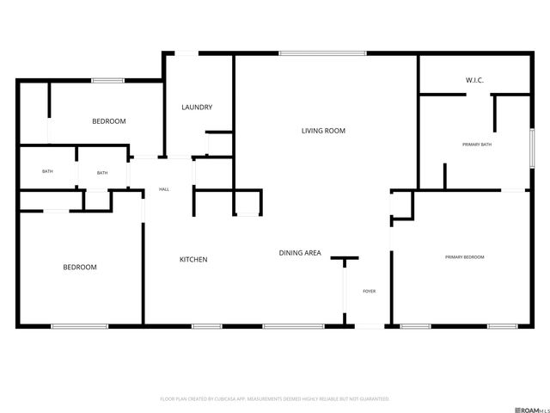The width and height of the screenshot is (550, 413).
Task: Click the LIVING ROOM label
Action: (x=323, y=131)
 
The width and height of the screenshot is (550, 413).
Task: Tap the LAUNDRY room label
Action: (x=197, y=108)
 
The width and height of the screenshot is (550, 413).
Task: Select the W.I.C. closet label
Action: (x=474, y=80)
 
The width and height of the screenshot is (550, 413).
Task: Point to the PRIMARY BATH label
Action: (x=477, y=145)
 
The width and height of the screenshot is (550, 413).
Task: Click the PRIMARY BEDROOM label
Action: (x=464, y=257)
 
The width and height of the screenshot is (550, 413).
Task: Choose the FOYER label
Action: (x=369, y=292)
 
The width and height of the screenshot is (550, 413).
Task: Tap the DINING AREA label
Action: (x=300, y=253)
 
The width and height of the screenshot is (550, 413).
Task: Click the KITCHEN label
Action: (x=192, y=260)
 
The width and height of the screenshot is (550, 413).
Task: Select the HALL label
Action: (x=163, y=190)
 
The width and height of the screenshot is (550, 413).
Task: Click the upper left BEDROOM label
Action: (x=109, y=121)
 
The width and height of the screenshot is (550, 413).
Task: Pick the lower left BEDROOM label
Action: (x=80, y=268)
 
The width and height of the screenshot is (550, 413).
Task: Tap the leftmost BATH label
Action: (x=47, y=172)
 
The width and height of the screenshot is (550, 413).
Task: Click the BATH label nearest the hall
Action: (x=102, y=173)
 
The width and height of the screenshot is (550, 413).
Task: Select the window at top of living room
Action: (x=322, y=54)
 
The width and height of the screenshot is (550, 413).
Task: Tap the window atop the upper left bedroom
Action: (x=108, y=81)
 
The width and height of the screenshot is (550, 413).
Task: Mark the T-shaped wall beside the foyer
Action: (x=345, y=257)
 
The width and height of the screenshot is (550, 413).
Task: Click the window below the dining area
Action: (x=293, y=326)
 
